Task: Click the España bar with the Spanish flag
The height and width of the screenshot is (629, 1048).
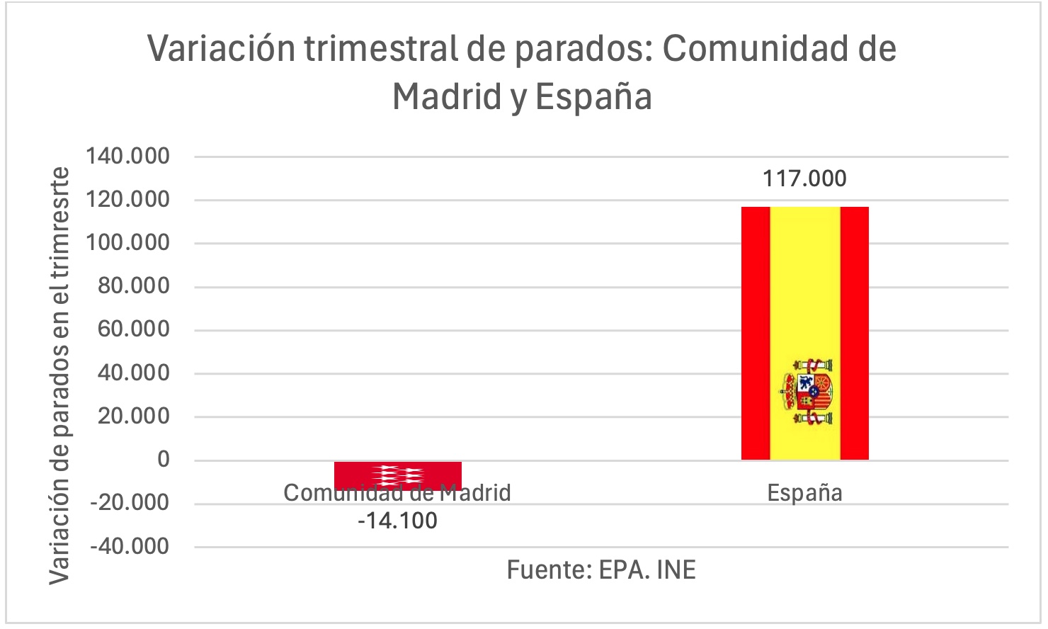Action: coord(804,297)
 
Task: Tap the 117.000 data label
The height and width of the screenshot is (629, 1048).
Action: coord(804,178)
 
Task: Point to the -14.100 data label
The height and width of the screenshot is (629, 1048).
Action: coord(397,521)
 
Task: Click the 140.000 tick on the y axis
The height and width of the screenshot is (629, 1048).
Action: coord(128,156)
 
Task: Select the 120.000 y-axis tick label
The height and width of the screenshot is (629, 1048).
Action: coord(128,200)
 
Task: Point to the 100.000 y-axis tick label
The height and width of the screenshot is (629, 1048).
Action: coord(128,243)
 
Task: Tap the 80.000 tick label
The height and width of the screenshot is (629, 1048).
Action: coord(134,286)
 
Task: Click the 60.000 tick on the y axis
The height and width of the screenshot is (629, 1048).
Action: coord(134,329)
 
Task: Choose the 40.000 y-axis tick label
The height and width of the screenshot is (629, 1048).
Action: coord(134,373)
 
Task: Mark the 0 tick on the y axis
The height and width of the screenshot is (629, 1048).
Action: coord(164,460)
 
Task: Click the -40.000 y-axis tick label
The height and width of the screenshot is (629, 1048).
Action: coord(130,546)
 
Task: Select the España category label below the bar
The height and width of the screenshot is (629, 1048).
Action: coord(804,493)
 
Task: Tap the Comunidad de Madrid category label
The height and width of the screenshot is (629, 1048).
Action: coord(397,493)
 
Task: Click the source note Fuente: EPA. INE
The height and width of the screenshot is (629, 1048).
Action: coord(601,570)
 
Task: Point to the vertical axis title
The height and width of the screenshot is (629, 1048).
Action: coord(60,375)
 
